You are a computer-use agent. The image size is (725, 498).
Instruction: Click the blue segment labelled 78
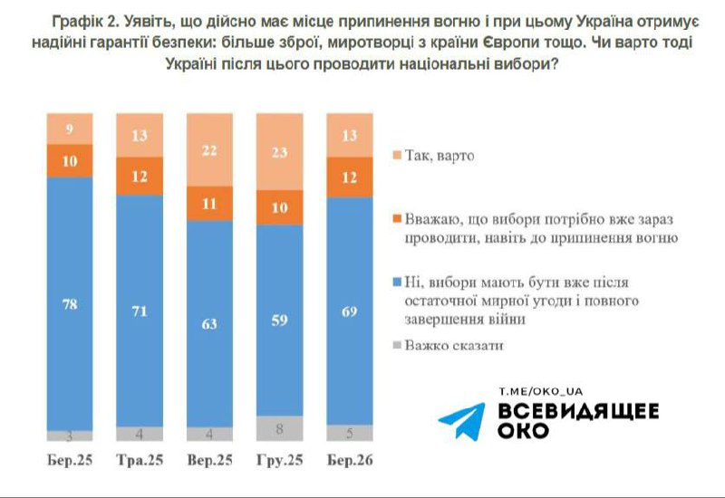[x=70, y=302]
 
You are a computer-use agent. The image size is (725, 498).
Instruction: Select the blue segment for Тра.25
[x=140, y=311]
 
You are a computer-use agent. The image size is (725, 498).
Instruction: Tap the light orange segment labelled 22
[x=209, y=150]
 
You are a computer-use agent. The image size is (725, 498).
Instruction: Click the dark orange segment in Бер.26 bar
[x=349, y=177]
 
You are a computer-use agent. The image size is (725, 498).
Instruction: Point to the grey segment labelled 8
[x=279, y=427]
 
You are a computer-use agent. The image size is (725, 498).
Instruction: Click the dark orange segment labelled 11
[x=209, y=205]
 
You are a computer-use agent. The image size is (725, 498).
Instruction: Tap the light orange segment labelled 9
[x=70, y=129]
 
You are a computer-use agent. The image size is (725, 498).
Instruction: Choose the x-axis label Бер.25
[x=70, y=460]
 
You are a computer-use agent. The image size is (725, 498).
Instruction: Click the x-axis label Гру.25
[x=279, y=460]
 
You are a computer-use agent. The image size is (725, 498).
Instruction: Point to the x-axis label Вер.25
[x=209, y=460]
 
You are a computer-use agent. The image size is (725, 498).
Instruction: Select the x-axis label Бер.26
[x=349, y=460]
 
